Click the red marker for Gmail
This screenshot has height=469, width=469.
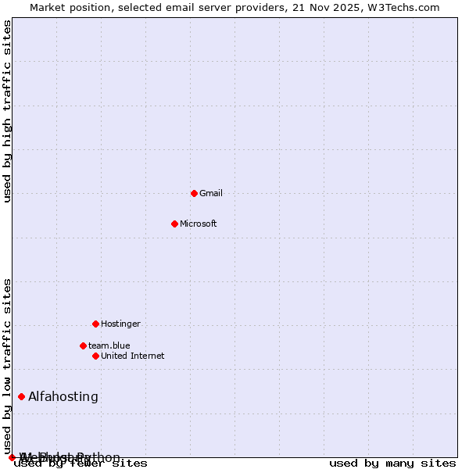pos(194,193)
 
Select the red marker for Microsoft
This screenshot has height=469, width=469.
pos(174,224)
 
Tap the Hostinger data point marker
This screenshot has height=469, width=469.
pos(95,324)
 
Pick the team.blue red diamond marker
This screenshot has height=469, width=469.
pos(83,345)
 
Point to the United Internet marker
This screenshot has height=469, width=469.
pos(95,356)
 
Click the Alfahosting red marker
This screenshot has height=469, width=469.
pos(21,396)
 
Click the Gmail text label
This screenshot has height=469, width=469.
pos(211,193)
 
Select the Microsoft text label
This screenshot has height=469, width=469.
pos(198,224)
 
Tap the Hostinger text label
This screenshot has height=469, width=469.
pos(120,324)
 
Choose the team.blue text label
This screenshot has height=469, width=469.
pos(109,345)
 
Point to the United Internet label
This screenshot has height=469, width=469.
pos(132,356)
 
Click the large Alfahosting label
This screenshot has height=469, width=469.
pos(63,396)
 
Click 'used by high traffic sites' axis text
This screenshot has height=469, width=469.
pos(8,111)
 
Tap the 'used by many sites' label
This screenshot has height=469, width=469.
pos(392,463)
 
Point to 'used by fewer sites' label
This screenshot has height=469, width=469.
pos(81,463)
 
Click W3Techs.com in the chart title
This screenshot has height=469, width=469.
pos(403,7)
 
